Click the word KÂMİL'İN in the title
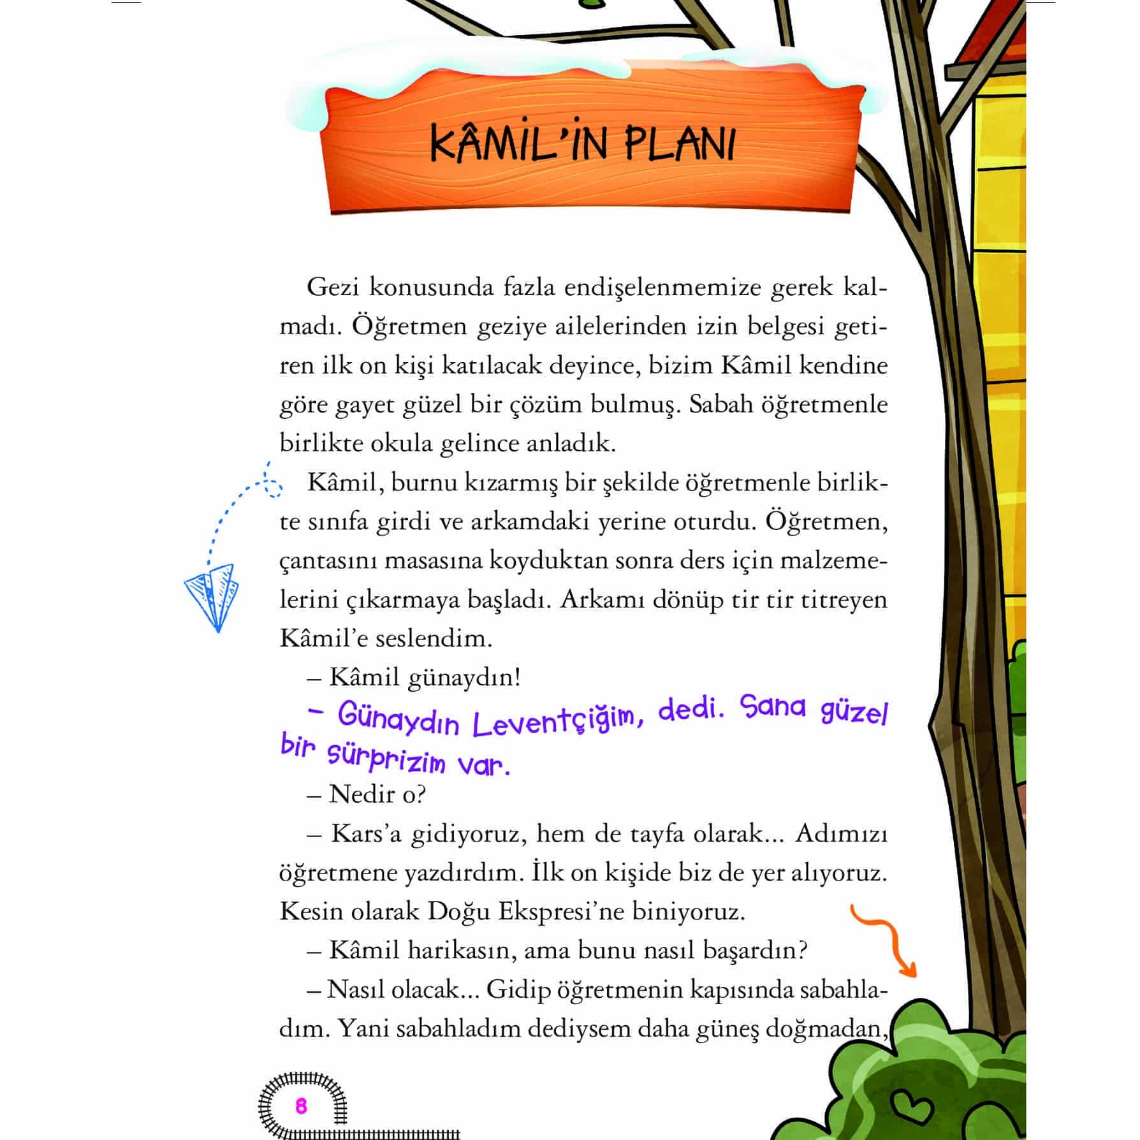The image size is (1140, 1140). point(509,145)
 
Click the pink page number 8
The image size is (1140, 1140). point(301,1105)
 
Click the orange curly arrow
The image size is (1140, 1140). point(886,941)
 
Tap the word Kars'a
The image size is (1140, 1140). point(366,833)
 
